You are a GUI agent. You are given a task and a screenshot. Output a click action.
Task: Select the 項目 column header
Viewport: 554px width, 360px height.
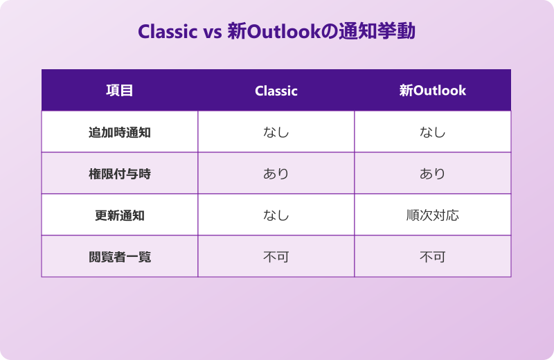click(119, 91)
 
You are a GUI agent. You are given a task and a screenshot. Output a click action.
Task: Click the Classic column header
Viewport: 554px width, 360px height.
click(276, 91)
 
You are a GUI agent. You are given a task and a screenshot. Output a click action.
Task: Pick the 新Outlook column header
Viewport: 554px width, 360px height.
click(433, 91)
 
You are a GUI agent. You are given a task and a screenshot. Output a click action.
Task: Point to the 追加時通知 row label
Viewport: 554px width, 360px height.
click(119, 132)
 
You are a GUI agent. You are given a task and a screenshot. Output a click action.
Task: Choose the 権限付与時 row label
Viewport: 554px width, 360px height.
click(119, 174)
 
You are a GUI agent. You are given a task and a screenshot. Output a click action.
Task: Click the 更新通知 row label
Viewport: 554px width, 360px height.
click(119, 215)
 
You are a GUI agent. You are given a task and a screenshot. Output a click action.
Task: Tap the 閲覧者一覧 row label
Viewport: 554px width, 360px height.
click(119, 257)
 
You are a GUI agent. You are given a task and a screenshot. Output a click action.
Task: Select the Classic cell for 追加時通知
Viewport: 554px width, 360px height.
click(276, 132)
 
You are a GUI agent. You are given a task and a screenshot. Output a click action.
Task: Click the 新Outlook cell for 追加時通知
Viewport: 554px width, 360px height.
click(433, 132)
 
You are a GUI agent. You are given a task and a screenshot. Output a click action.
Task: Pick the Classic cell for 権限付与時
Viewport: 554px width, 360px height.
click(276, 174)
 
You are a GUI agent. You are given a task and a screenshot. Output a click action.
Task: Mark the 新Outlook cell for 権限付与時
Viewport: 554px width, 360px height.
click(433, 174)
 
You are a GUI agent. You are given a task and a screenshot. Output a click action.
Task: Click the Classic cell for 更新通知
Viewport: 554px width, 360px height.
click(276, 215)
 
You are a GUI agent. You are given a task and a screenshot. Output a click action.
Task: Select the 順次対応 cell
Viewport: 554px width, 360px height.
click(433, 215)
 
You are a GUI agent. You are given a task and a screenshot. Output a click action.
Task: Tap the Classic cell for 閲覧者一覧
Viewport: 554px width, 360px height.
click(276, 257)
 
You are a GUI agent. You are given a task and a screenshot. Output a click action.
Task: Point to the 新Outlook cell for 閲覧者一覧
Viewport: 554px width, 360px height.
click(433, 257)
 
